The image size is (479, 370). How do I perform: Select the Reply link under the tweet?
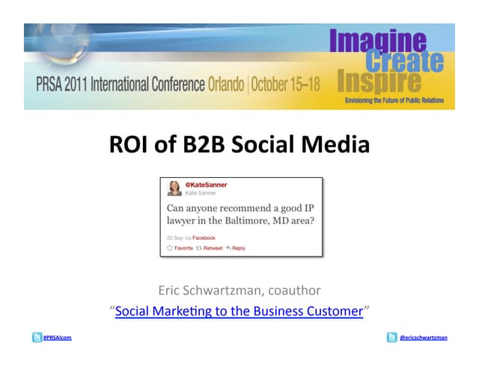click(236, 247)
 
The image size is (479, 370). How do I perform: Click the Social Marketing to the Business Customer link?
click(239, 311)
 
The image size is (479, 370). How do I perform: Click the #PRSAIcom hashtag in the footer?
click(57, 337)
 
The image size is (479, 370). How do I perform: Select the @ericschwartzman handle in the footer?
click(424, 337)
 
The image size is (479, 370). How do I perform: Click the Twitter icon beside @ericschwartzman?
click(392, 337)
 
